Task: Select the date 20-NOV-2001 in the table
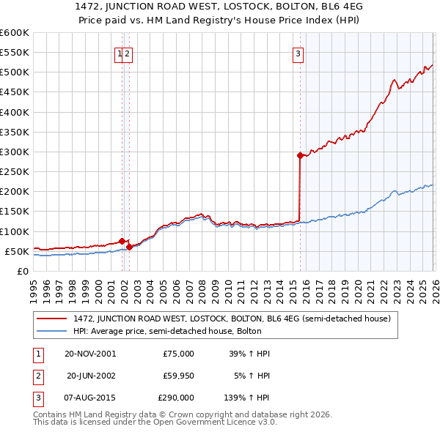tap(90, 354)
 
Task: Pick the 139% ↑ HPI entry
tap(247, 398)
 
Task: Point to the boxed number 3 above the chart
tap(298, 53)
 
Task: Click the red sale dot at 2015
tap(300, 155)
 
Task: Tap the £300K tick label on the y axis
tap(15, 152)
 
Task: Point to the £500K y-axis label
tap(15, 72)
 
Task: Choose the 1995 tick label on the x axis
tap(34, 286)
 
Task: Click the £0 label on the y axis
tap(22, 271)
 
